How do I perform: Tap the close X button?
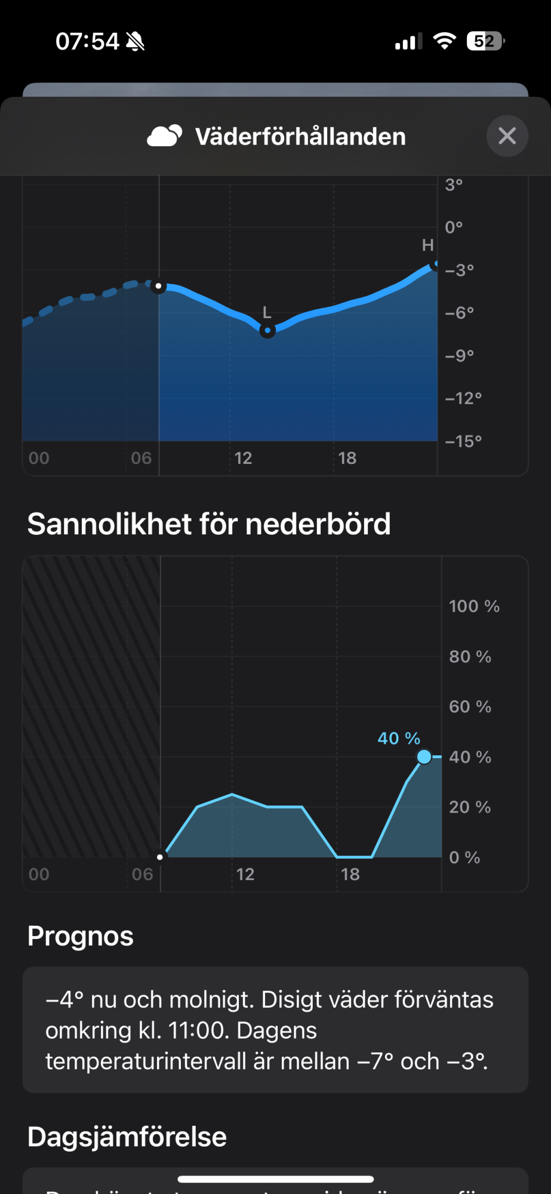(x=507, y=136)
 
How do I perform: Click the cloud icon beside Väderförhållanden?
(x=164, y=136)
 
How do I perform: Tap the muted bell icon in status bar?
(x=136, y=42)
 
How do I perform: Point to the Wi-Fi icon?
(x=444, y=41)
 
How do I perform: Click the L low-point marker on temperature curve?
(x=267, y=330)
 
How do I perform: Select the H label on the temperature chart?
(x=427, y=245)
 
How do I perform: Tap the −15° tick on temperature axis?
(x=463, y=441)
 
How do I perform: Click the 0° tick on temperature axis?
(x=454, y=227)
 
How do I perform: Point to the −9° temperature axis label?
(x=459, y=356)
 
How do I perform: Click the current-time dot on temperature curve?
(x=158, y=287)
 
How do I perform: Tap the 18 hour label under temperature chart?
(x=347, y=458)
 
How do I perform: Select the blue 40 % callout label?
(x=399, y=738)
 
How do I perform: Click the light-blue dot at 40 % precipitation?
(x=424, y=757)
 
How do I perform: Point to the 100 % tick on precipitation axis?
(x=474, y=607)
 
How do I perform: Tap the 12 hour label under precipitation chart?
(x=245, y=875)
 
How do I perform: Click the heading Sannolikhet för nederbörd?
(x=209, y=524)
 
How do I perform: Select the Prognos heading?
(x=81, y=936)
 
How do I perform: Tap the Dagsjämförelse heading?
(x=127, y=1137)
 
